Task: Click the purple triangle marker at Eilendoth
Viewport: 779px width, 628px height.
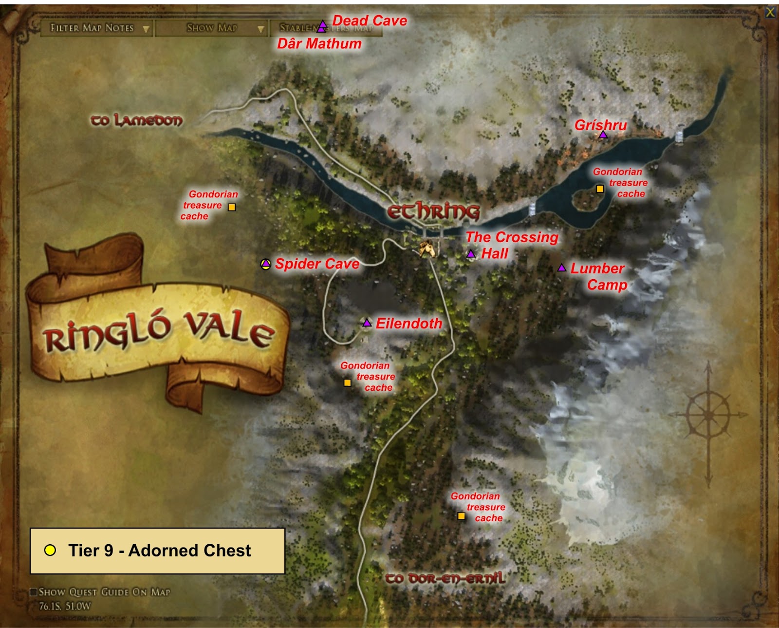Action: (x=367, y=323)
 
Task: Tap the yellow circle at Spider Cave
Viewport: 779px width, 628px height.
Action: (x=266, y=264)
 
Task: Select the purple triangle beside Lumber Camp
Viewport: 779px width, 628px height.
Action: (x=562, y=268)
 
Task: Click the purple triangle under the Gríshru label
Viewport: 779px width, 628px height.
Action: (x=603, y=134)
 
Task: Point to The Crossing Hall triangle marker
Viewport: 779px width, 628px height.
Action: (x=471, y=254)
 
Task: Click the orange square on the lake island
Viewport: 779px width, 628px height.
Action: (x=600, y=189)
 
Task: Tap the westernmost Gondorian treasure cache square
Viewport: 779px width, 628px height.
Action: (x=232, y=207)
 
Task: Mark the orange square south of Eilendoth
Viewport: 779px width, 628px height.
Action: (x=347, y=382)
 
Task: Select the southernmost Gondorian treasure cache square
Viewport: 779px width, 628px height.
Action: (x=461, y=516)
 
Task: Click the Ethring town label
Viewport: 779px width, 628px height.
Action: (x=433, y=212)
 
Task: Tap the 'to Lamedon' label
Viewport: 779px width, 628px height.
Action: (x=137, y=120)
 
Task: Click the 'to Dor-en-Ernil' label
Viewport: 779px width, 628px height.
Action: (x=445, y=578)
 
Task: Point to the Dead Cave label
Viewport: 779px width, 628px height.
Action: (x=370, y=21)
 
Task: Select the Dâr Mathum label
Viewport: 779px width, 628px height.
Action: (x=319, y=44)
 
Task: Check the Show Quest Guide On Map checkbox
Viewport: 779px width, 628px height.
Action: (x=34, y=592)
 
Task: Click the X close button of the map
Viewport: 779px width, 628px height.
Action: (x=770, y=13)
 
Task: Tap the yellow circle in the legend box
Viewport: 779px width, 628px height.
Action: (x=50, y=551)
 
